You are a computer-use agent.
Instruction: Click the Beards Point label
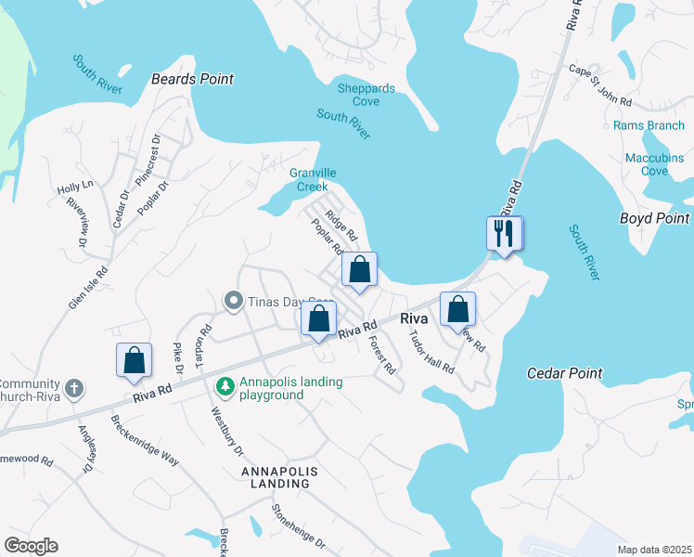click(192, 79)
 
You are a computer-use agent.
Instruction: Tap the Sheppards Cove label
click(366, 95)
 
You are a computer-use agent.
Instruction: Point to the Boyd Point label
click(654, 218)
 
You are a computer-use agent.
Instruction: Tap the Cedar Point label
click(564, 373)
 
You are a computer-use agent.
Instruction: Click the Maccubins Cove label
click(654, 164)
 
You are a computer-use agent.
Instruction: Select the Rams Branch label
click(649, 125)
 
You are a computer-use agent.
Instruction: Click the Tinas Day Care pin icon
click(233, 301)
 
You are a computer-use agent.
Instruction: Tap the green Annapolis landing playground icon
click(224, 384)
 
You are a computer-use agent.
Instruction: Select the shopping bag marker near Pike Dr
click(134, 360)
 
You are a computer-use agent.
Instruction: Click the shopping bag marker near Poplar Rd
click(360, 270)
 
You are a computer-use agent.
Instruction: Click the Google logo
click(31, 546)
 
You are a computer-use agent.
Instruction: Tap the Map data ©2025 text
click(654, 549)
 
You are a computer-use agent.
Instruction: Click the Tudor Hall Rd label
click(431, 351)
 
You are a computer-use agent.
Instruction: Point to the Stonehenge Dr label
click(298, 525)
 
